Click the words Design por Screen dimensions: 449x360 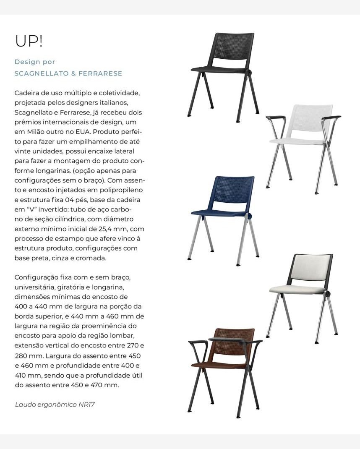pos(35,62)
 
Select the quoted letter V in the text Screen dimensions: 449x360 pos(34,209)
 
